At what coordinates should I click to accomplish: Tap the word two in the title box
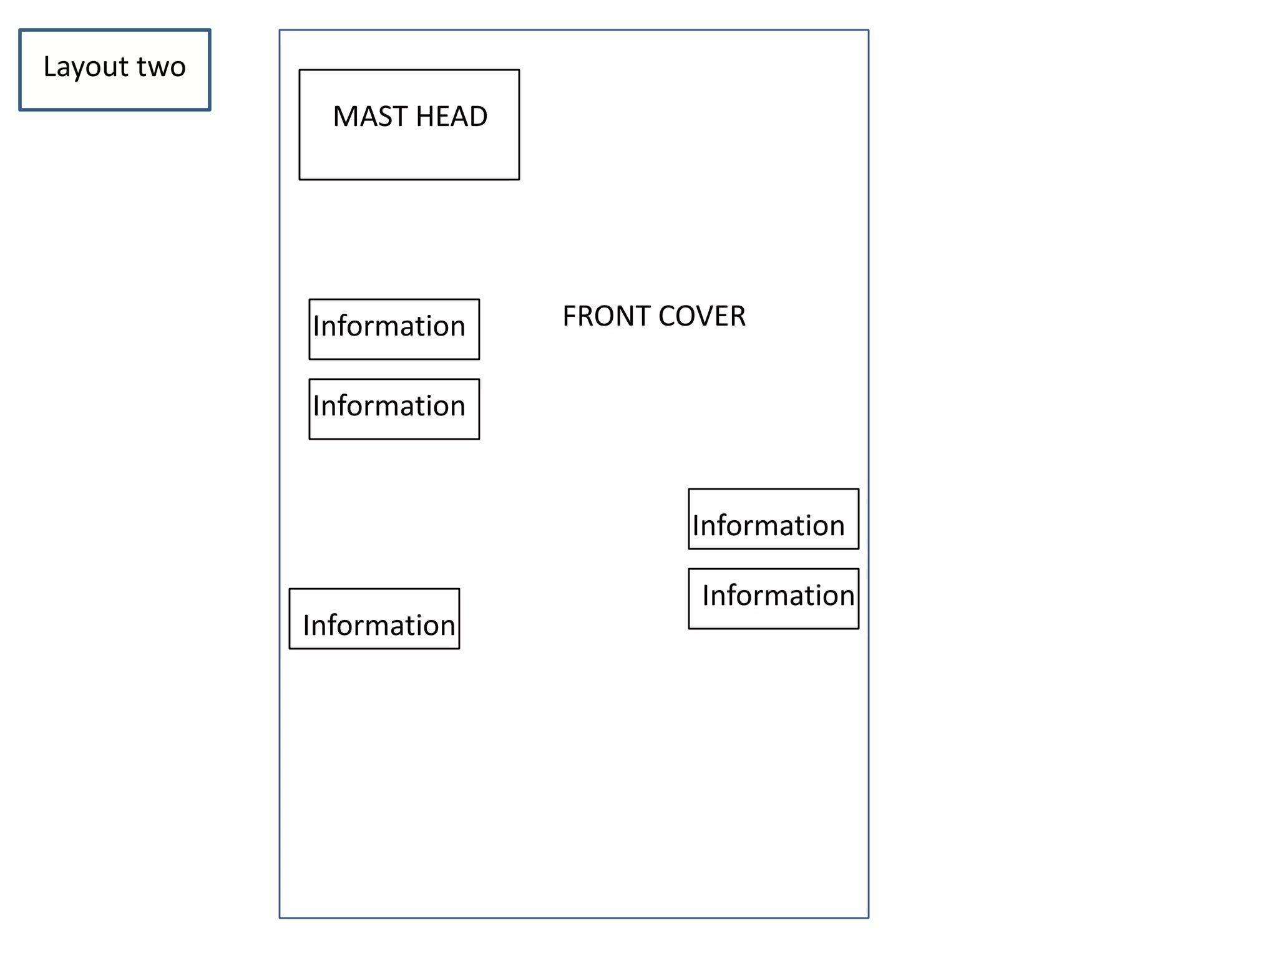(161, 67)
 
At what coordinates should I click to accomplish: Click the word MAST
(369, 117)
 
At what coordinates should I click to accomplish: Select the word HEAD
(451, 117)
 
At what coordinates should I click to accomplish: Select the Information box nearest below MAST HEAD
(394, 329)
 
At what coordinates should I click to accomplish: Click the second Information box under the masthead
(394, 409)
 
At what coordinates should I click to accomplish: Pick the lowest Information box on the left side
(374, 619)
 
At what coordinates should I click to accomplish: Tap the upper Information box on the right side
(773, 519)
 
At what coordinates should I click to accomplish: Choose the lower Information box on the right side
(773, 599)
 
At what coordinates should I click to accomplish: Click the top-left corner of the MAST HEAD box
(300, 70)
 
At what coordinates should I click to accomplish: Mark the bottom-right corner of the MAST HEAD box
(519, 180)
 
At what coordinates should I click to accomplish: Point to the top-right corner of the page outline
(868, 30)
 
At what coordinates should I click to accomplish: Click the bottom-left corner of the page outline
(280, 917)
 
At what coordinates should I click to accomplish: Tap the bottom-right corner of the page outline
(868, 917)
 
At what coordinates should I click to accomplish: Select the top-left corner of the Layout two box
(20, 30)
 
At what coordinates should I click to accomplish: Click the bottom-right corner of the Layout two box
(210, 110)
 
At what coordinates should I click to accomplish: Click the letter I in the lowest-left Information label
(306, 626)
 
